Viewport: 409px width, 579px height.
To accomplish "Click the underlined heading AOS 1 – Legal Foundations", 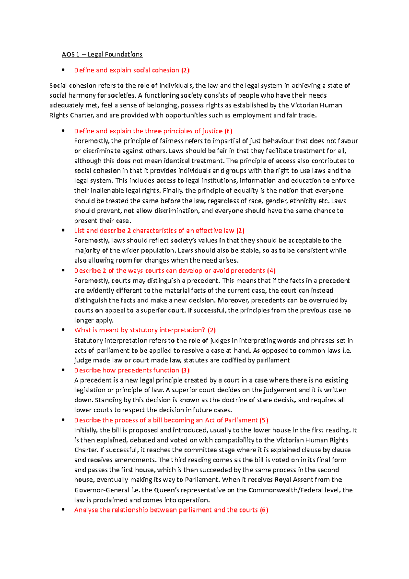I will pos(102,54).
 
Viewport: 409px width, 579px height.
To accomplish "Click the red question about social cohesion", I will pos(132,70).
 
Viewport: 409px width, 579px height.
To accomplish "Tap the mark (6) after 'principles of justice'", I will pos(228,131).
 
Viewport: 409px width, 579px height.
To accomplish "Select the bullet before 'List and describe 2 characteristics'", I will pos(63,230).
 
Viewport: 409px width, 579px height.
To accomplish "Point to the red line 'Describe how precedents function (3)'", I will pos(132,370).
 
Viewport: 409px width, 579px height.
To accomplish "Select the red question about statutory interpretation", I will pos(145,330).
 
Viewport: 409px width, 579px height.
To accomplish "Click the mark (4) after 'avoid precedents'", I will pos(271,271).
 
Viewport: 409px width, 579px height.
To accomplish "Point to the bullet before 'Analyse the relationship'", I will pos(63,509).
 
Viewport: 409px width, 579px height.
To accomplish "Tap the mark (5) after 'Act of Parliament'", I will pos(263,420).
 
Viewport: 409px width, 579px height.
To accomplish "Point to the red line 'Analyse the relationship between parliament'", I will pos(171,510).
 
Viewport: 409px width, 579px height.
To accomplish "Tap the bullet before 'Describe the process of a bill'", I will pos(63,420).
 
